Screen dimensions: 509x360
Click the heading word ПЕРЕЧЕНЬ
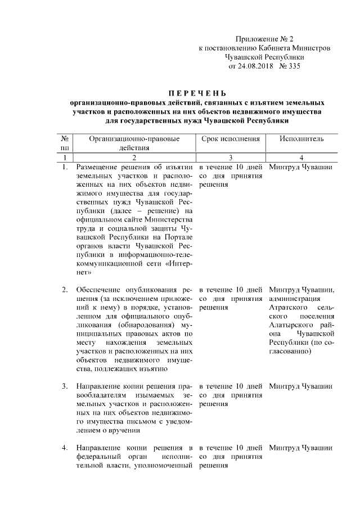tap(197, 93)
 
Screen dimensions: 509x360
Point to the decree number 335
tap(294, 66)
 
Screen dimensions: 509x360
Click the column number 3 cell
tap(231, 157)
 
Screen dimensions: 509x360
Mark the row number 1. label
tap(65, 167)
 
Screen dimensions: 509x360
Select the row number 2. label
tap(65, 289)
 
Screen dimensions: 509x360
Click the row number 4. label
tap(65, 448)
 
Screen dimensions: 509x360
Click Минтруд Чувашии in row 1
tap(301, 167)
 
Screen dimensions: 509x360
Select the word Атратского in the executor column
tap(288, 307)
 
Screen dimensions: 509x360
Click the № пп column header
tap(65, 143)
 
